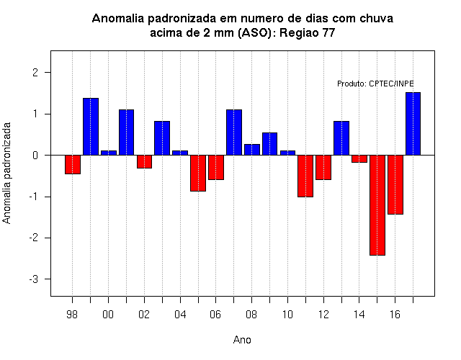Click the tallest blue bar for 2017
(x=413, y=124)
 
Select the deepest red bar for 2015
(x=377, y=205)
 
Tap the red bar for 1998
(x=73, y=165)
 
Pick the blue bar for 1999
(x=91, y=127)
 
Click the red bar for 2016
(x=395, y=184)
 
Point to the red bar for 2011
(x=305, y=176)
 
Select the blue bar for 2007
(x=234, y=132)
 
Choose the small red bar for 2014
(x=359, y=158)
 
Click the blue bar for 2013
(x=341, y=138)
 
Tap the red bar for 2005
(x=198, y=173)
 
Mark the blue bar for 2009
(x=269, y=144)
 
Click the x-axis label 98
(x=72, y=315)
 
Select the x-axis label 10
(x=287, y=315)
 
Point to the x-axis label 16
(x=395, y=315)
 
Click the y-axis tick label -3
(x=34, y=279)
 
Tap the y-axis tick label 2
(x=35, y=72)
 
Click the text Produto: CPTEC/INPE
(x=375, y=84)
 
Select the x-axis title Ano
(x=242, y=340)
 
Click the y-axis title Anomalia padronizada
(x=6, y=173)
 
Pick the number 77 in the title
(x=328, y=32)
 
